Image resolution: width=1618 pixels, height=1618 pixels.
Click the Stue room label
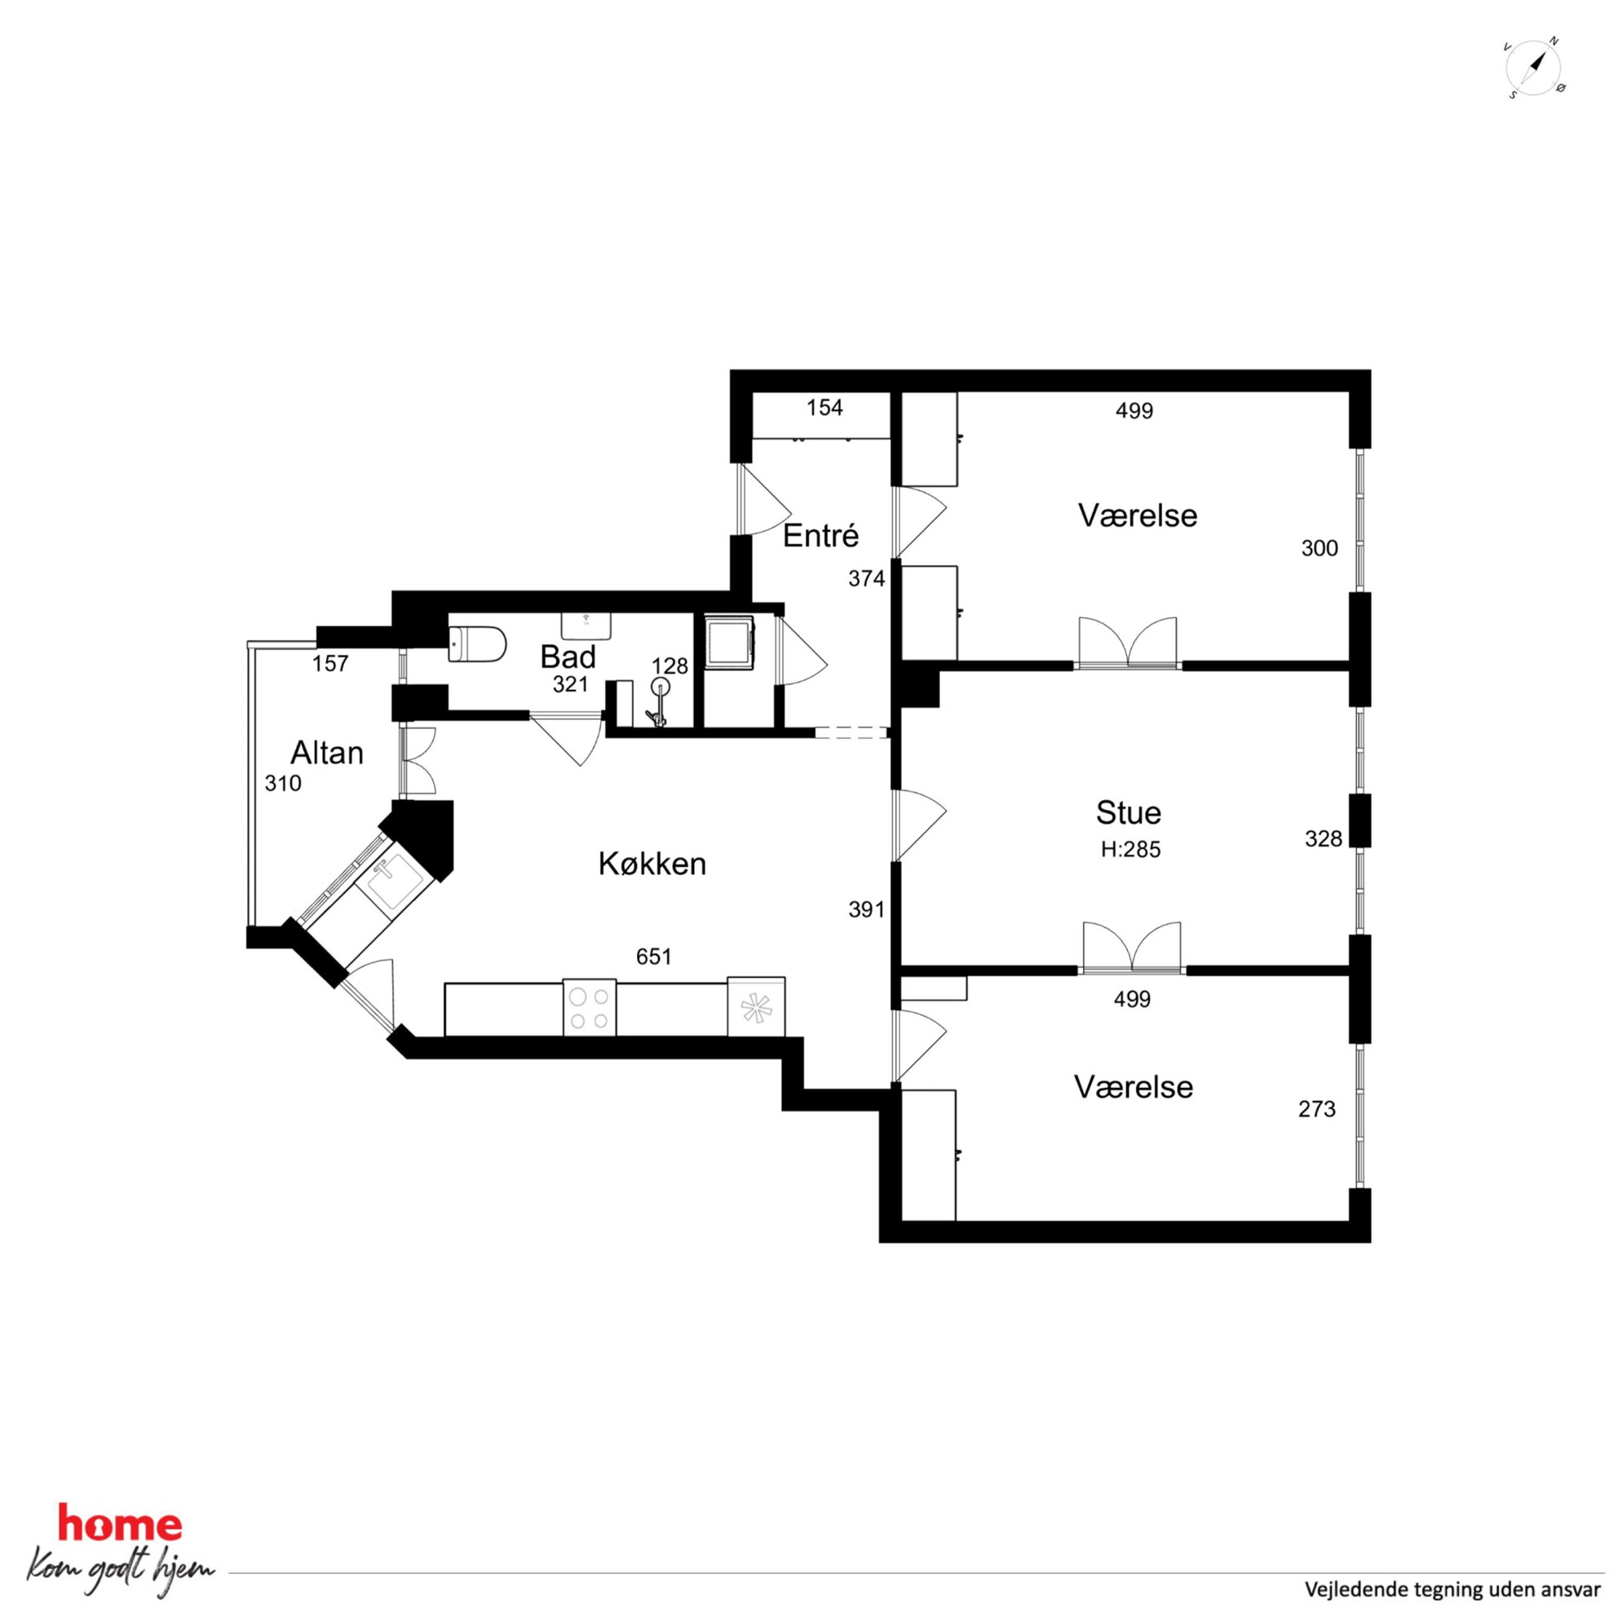tap(1128, 812)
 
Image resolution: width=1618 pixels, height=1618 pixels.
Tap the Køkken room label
tap(652, 864)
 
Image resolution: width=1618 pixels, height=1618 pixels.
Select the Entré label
tap(820, 536)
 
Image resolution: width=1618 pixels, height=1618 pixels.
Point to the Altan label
tap(326, 753)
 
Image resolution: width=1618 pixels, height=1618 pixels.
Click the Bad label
tap(568, 656)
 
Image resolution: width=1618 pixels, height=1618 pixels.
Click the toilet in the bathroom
tap(477, 644)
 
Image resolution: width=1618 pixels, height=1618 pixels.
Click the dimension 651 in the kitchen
tap(653, 957)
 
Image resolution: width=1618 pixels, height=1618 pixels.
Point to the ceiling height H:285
tap(1130, 850)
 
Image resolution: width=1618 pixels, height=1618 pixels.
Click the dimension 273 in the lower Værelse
tap(1316, 1110)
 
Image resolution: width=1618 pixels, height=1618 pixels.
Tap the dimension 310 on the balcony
tap(282, 784)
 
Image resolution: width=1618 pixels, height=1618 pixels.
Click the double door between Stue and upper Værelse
tap(1127, 643)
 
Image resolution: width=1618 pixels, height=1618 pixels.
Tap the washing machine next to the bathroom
tap(728, 643)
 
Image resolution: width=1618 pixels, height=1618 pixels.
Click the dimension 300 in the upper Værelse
tap(1319, 549)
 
